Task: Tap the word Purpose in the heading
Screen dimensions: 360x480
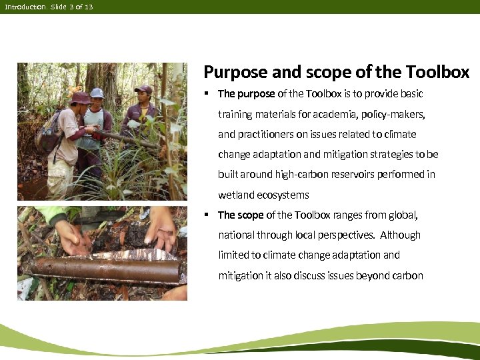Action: click(x=231, y=72)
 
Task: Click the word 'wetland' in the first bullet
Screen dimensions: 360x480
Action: click(x=237, y=195)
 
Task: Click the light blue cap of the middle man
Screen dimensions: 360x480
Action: click(x=97, y=92)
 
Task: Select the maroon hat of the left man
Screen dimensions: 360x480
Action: click(x=81, y=97)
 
